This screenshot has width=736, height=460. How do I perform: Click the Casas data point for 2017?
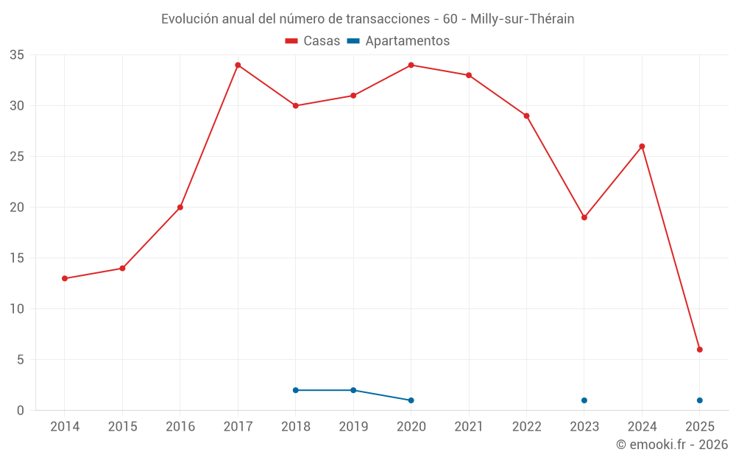click(238, 65)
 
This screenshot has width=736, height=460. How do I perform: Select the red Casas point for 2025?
click(700, 350)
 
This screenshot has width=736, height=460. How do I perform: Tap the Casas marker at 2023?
click(584, 217)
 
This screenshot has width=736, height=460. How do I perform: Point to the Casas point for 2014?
click(65, 278)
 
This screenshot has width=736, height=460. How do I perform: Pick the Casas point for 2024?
click(642, 146)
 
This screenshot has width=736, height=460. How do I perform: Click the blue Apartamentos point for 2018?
click(296, 390)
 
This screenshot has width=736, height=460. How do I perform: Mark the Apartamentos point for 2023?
click(584, 400)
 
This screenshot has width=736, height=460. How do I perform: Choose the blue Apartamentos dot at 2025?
click(700, 400)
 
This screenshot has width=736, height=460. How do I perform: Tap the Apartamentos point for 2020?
click(411, 400)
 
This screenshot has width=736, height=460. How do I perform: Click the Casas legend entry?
click(313, 41)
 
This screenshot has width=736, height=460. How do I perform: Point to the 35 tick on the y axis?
click(17, 55)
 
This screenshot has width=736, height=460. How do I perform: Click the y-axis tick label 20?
click(17, 208)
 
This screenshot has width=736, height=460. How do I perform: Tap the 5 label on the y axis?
click(21, 360)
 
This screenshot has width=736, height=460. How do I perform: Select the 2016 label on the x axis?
click(180, 427)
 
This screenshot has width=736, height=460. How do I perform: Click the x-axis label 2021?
click(469, 427)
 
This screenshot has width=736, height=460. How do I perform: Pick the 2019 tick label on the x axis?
click(353, 427)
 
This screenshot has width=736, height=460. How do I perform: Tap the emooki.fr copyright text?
click(672, 445)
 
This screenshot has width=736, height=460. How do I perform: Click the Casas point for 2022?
click(527, 116)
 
